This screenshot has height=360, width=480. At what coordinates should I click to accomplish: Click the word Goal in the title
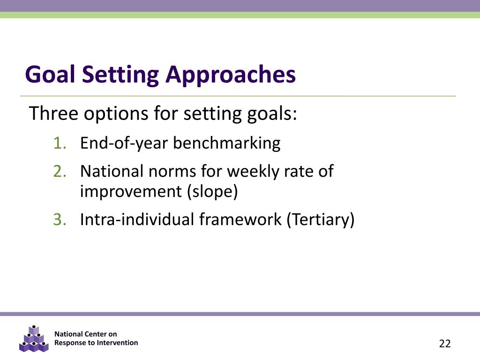[50, 75]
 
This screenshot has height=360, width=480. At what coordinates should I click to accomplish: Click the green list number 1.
[60, 143]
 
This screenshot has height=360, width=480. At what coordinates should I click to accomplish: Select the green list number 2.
[60, 171]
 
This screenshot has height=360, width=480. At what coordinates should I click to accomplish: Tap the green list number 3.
[60, 219]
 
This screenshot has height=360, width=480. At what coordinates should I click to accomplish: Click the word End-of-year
[124, 143]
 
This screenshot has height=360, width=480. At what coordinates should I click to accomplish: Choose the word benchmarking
[226, 143]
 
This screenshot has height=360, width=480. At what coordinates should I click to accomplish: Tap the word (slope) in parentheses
[212, 192]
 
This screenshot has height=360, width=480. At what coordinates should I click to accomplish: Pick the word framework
[240, 219]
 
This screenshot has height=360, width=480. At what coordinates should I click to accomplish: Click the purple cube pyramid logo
[34, 339]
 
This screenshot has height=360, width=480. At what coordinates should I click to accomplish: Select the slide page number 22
[445, 344]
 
